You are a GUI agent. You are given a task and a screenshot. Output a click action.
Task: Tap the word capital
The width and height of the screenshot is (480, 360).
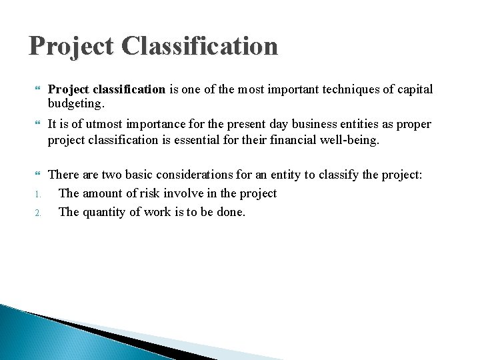[x=413, y=89]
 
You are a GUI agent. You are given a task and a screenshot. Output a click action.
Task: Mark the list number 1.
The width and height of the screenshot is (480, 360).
[x=39, y=195]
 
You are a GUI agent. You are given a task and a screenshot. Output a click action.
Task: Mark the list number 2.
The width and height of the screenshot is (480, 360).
[x=39, y=213]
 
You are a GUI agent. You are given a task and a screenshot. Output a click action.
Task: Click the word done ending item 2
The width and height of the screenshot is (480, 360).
[x=231, y=212]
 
